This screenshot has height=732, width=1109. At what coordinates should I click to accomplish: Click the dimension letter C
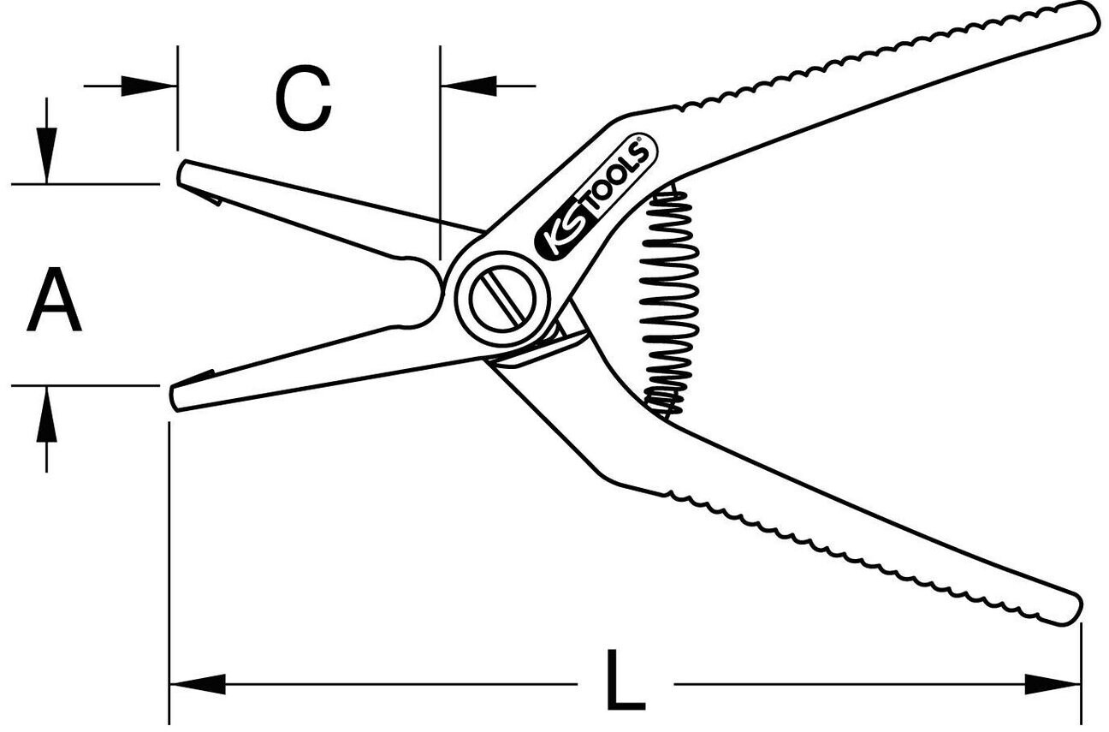coord(303,100)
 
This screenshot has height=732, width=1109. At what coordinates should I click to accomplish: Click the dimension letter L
coord(626,681)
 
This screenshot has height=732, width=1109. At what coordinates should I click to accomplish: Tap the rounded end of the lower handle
coord(1070,609)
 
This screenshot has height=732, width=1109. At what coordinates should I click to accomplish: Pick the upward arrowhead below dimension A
coord(48,414)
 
